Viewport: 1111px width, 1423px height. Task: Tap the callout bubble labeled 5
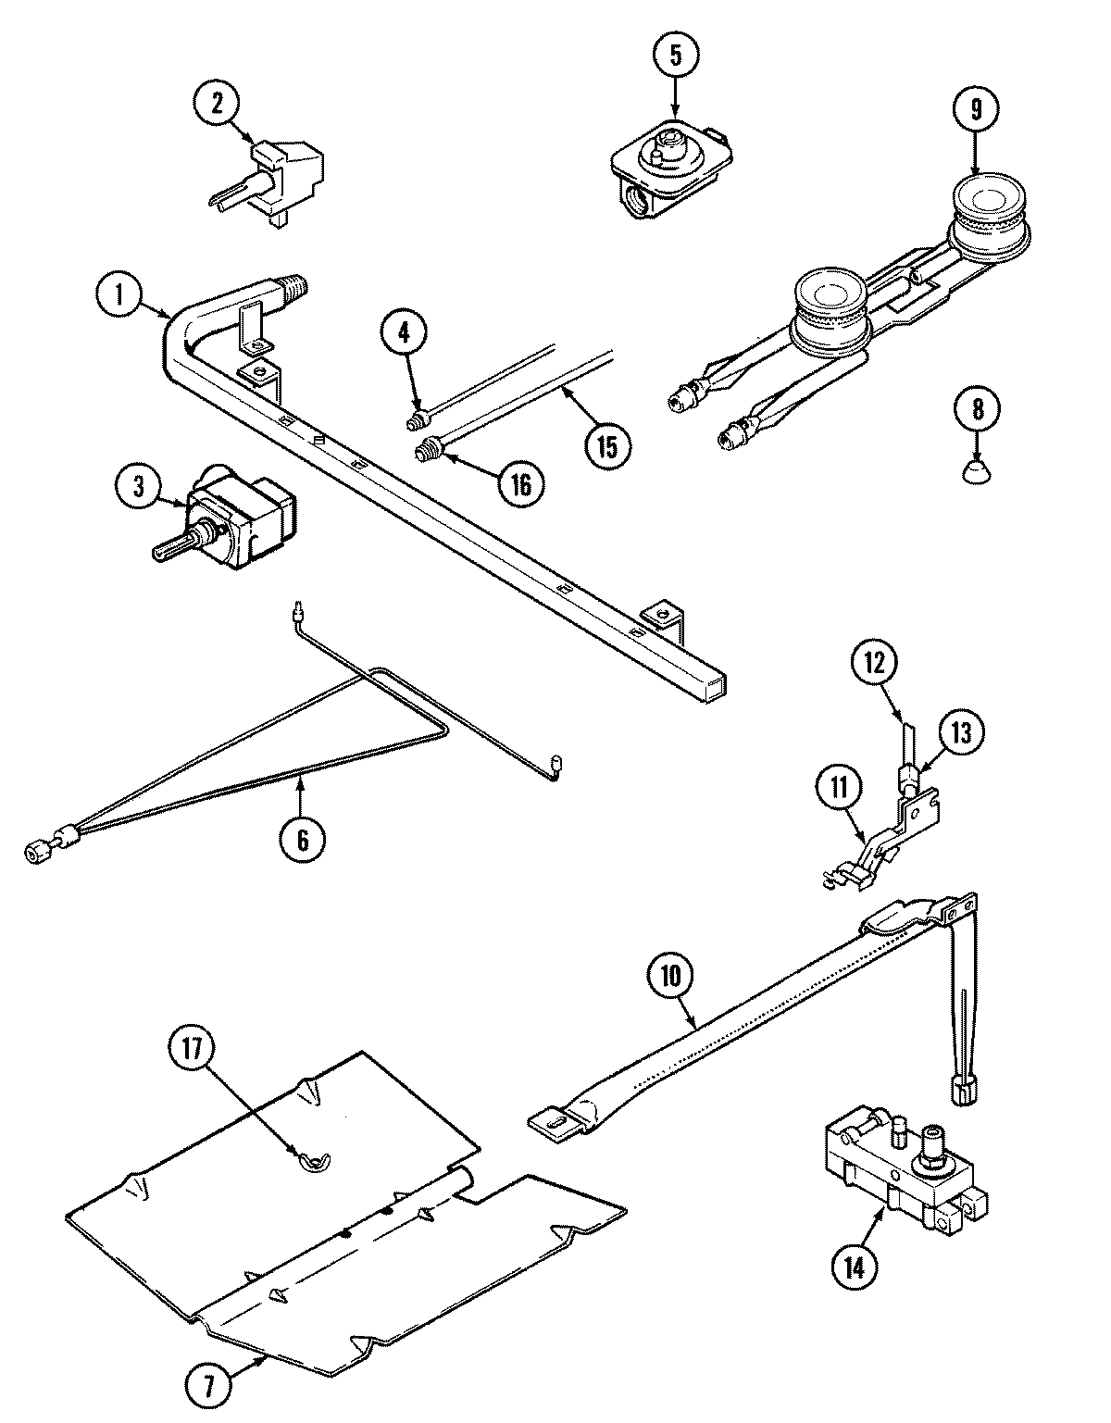pos(675,55)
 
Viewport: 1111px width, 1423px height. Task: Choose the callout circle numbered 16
pos(521,483)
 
